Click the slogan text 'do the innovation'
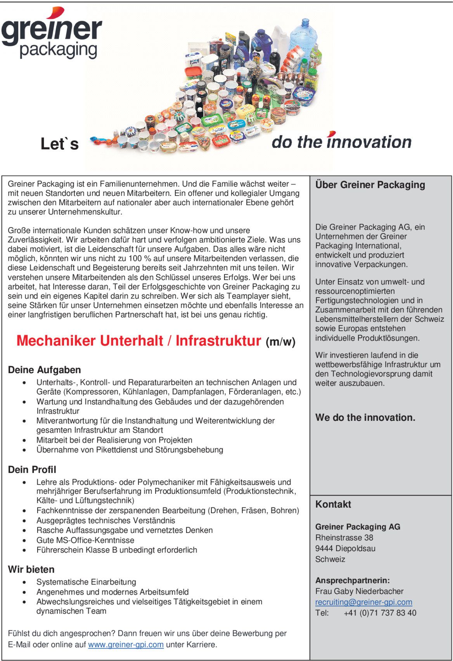[x=341, y=142]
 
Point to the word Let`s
[x=59, y=144]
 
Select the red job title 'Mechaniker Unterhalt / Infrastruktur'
[x=138, y=341]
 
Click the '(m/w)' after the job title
[x=280, y=342]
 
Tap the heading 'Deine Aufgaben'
[x=44, y=370]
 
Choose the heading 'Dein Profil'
[x=32, y=469]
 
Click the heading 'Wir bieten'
[x=31, y=569]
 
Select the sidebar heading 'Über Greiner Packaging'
[x=370, y=185]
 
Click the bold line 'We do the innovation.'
[x=365, y=417]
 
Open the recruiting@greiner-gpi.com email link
[x=363, y=602]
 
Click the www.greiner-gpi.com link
[x=126, y=644]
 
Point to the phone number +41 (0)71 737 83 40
[x=380, y=613]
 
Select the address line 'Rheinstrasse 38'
[x=344, y=538]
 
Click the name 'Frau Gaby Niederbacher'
[x=359, y=591]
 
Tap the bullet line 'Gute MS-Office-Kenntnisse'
[x=85, y=540]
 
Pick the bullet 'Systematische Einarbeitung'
[x=86, y=582]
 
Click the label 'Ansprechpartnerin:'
[x=352, y=580]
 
